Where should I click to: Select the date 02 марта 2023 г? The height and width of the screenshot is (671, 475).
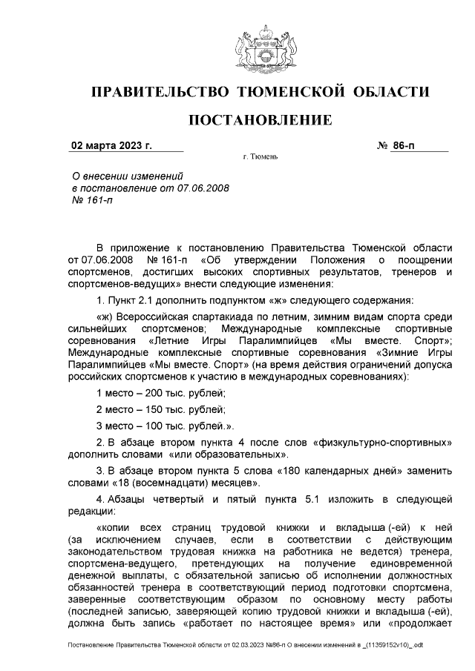[111, 145]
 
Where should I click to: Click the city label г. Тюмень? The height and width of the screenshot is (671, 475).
[260, 158]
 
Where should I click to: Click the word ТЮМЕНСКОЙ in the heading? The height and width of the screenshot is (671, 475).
[284, 92]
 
